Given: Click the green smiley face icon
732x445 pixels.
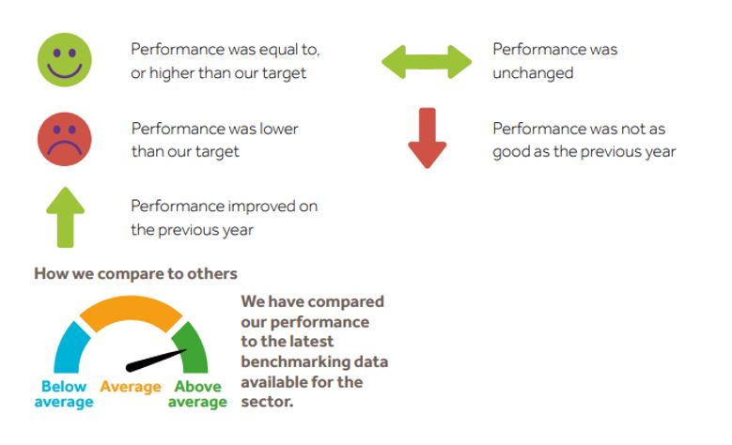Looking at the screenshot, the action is click(x=65, y=60).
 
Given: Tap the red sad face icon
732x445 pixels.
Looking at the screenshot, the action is click(x=65, y=139).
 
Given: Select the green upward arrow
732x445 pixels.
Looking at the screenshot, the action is click(x=66, y=218).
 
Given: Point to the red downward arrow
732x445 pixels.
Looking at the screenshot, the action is click(x=428, y=138).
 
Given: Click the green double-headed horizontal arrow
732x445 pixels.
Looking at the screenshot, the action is click(x=427, y=62).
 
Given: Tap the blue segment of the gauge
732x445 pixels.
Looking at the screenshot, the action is click(x=71, y=348).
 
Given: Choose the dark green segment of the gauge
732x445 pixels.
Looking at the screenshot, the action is click(x=192, y=348).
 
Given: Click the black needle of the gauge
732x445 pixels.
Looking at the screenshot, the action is click(x=156, y=361).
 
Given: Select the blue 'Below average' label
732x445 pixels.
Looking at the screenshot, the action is click(x=64, y=394).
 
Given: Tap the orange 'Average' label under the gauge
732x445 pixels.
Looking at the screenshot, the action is click(x=131, y=387).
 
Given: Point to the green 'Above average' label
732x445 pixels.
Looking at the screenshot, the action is click(x=197, y=394).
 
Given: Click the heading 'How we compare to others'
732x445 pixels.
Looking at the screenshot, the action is click(x=136, y=273).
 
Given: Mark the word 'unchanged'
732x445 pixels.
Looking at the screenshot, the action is click(x=533, y=73).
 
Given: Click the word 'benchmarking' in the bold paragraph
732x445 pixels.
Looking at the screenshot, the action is click(x=287, y=362).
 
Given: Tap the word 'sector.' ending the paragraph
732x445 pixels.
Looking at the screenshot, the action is click(x=267, y=401).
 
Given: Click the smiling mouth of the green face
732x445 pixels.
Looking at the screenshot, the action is click(x=65, y=70).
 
